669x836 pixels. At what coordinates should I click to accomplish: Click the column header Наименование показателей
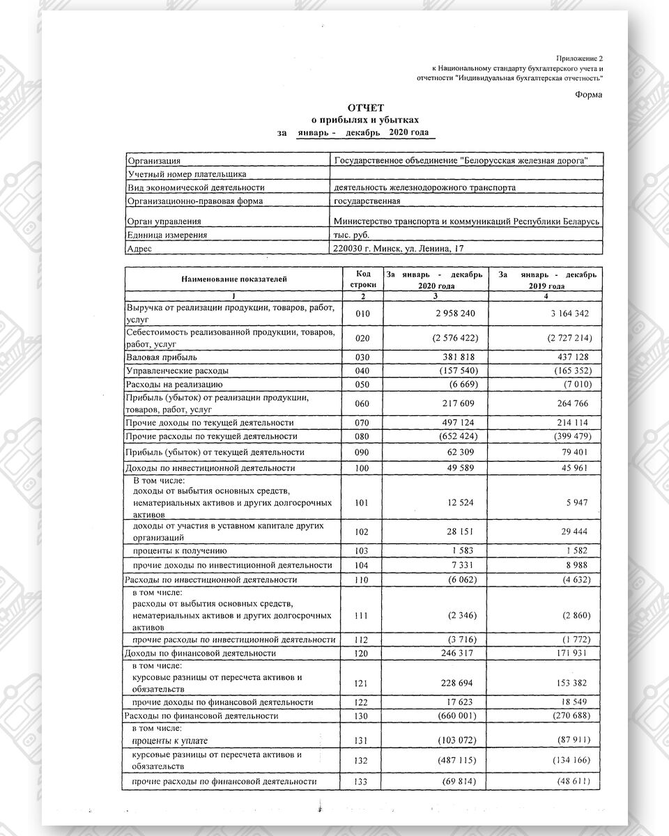coord(234,279)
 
